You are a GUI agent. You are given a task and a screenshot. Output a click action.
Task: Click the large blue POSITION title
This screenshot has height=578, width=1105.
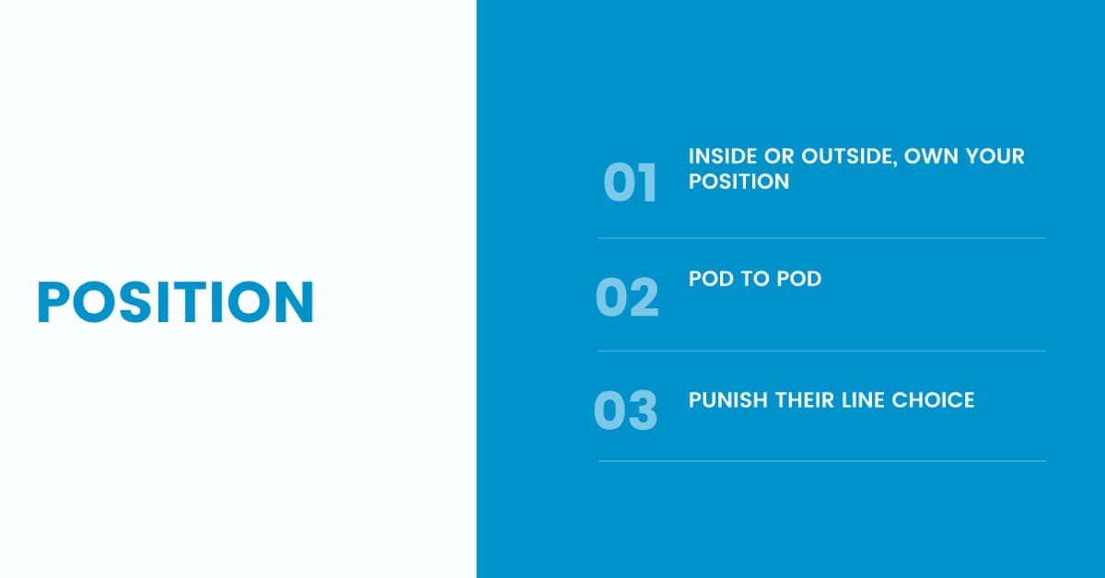[176, 302]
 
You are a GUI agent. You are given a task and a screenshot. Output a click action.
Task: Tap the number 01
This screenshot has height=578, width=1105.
[630, 182]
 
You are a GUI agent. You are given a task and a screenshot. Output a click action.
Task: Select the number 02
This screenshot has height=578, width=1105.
[627, 297]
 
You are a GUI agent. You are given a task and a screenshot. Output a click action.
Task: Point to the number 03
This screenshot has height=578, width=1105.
[625, 410]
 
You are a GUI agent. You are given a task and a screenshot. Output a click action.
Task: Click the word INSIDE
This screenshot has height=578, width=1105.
[722, 156]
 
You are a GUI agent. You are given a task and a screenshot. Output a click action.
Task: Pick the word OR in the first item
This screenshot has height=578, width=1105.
[779, 156]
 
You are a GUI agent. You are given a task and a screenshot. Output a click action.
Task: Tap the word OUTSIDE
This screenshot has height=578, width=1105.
[849, 156]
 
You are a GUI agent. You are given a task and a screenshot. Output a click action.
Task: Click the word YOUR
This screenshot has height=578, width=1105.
[995, 156]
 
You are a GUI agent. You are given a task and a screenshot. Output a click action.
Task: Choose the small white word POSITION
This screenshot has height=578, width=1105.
[739, 181]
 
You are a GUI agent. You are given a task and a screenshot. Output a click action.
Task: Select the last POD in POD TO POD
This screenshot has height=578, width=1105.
[799, 279]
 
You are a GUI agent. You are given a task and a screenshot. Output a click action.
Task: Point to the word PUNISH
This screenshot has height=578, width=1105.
[728, 400]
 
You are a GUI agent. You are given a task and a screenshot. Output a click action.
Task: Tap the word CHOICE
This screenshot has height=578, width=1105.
[933, 400]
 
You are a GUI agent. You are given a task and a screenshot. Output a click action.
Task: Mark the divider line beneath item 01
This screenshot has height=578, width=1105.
[821, 238]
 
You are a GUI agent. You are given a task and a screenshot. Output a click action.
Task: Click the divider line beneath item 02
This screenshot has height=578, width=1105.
[821, 352]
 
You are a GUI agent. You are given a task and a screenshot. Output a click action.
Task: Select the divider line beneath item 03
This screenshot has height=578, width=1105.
[821, 461]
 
